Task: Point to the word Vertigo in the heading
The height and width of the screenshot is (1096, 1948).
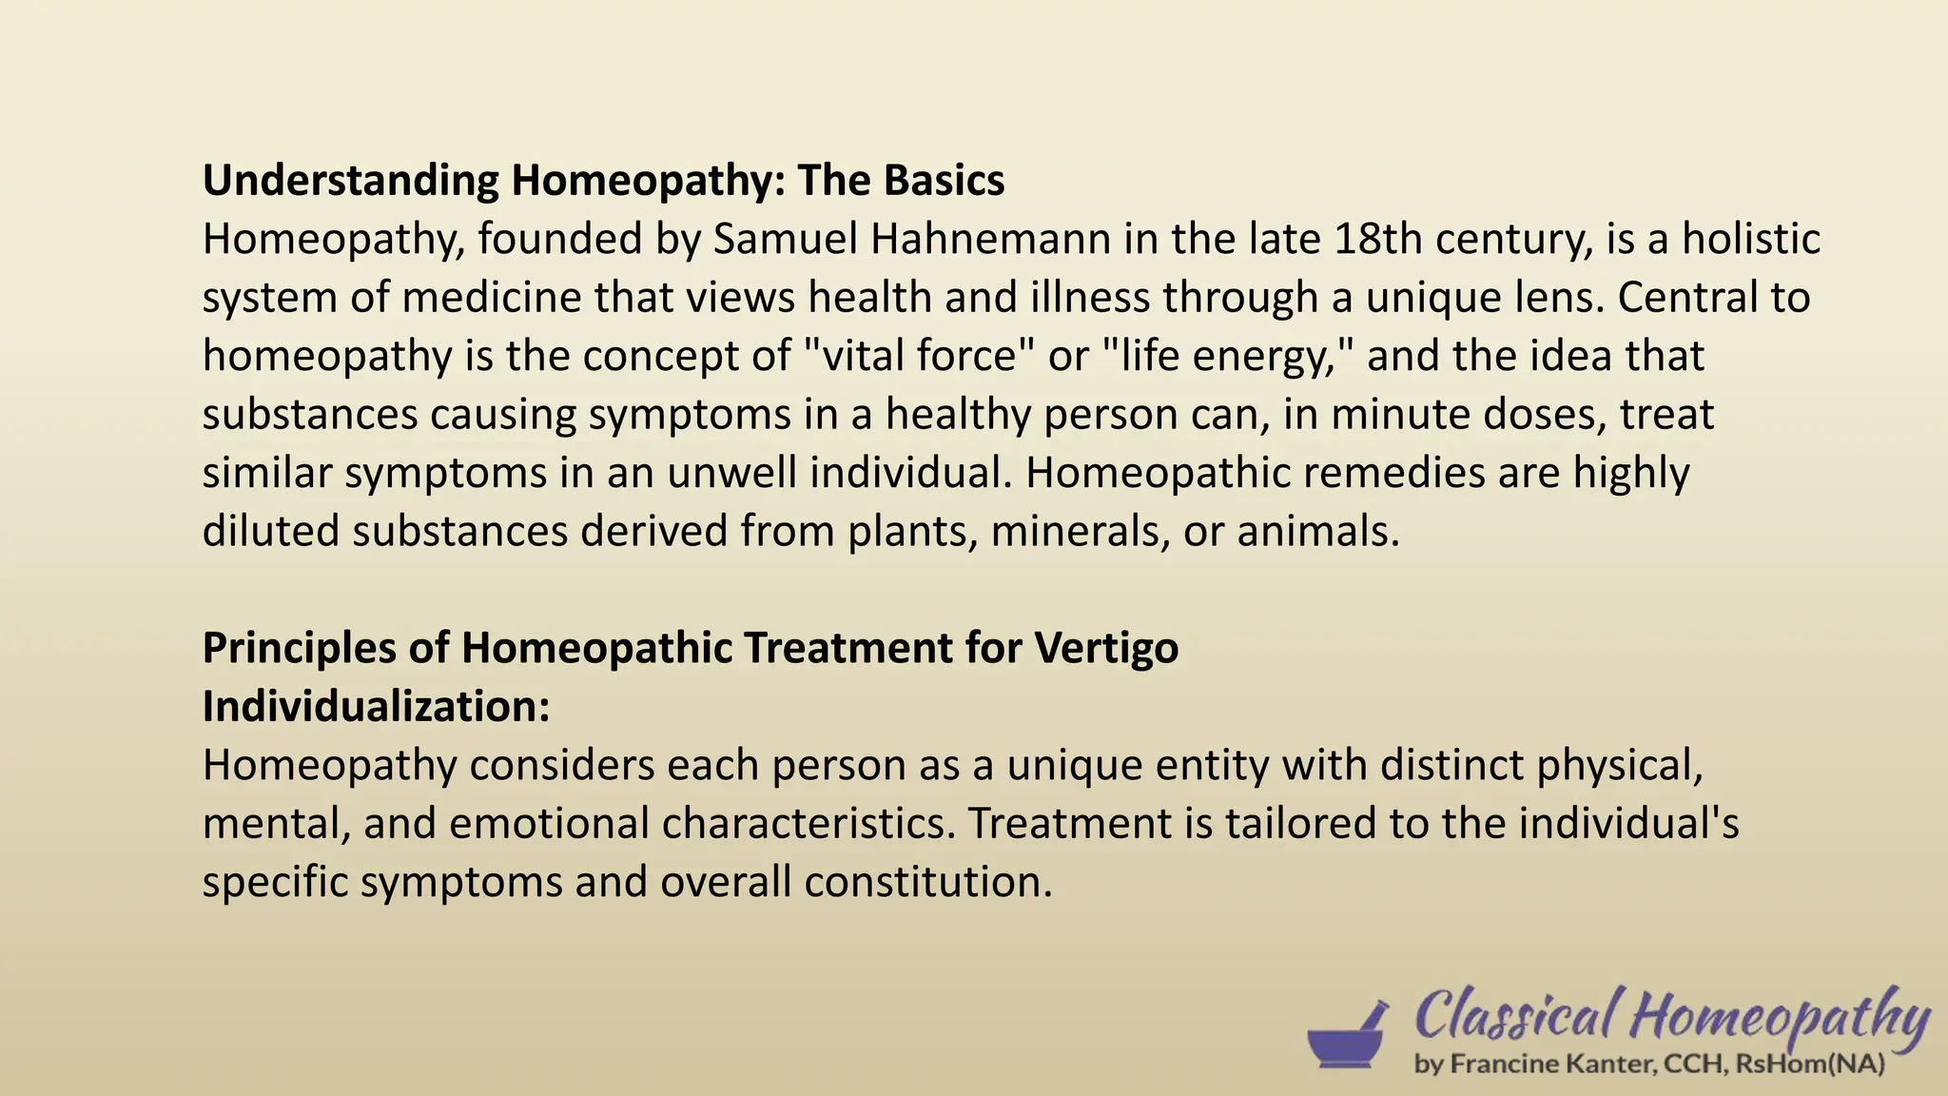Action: (1106, 648)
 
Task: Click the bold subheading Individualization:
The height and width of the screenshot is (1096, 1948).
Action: (376, 707)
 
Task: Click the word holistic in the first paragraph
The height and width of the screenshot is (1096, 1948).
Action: (1751, 239)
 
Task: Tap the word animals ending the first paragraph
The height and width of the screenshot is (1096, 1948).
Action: (1317, 531)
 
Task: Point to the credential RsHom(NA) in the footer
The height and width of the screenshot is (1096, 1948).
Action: (1809, 1064)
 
